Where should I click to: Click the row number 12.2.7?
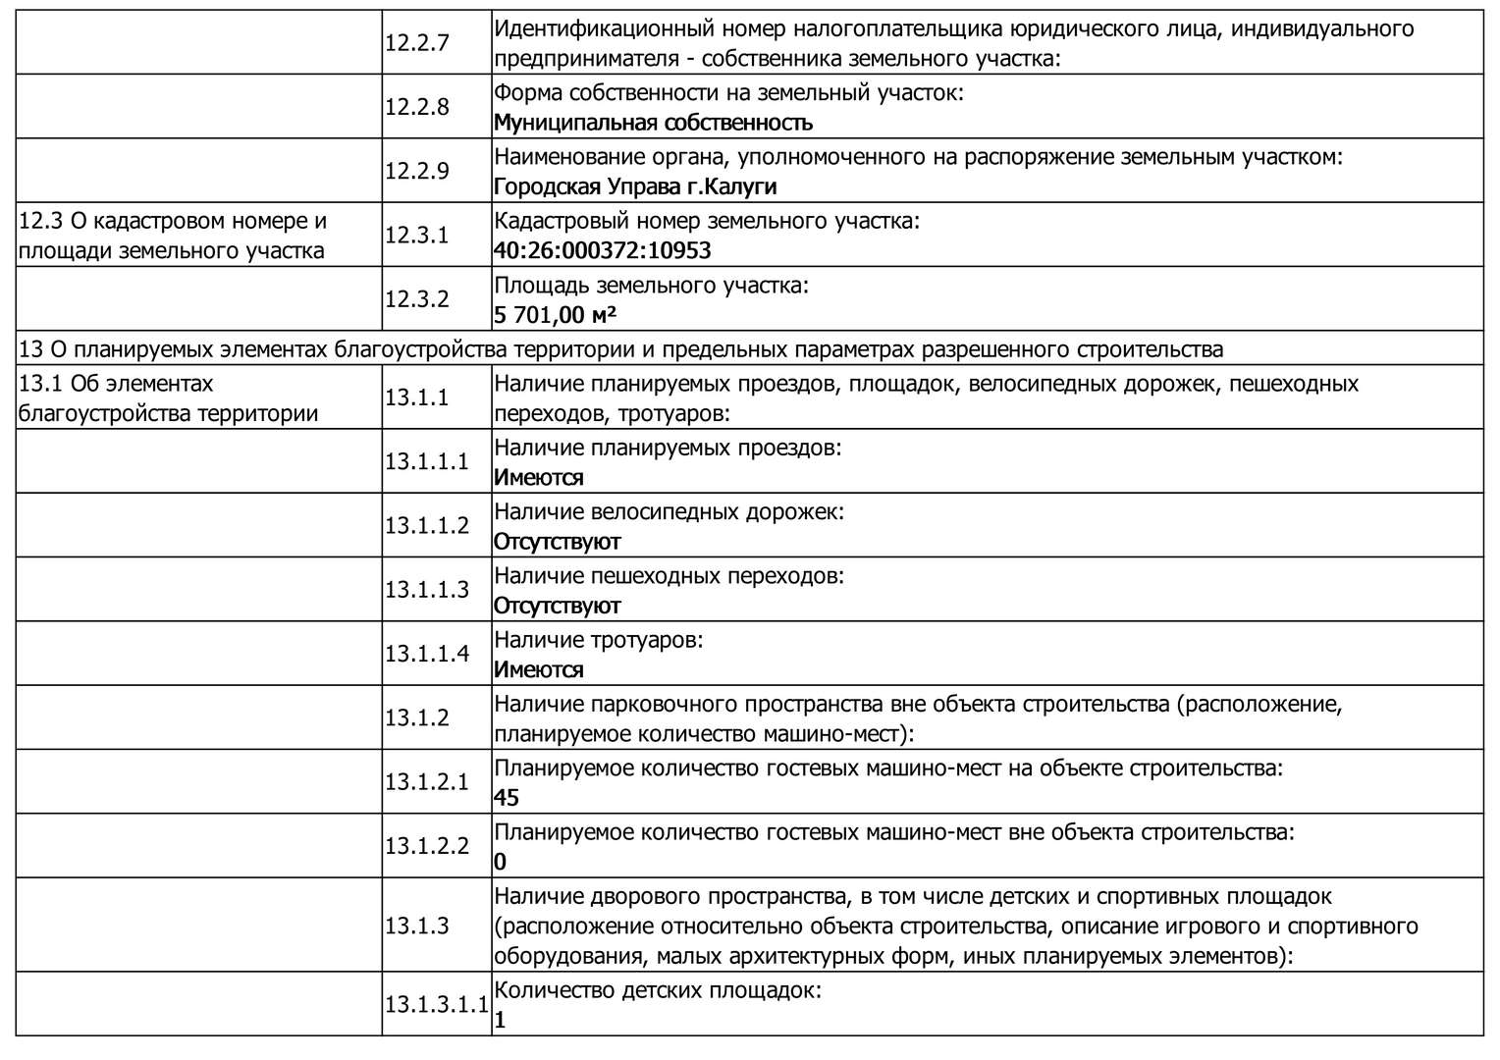416,43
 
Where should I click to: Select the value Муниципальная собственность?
653,123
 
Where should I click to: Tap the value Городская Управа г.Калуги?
635,186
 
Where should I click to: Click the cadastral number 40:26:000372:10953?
602,250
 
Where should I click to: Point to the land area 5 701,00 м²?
555,315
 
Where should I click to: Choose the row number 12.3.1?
416,236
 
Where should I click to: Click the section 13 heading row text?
620,349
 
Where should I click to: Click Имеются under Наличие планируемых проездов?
538,478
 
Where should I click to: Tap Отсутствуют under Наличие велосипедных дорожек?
557,542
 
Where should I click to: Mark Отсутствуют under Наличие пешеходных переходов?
557,606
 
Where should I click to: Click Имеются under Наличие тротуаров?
538,670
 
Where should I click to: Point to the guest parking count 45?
507,798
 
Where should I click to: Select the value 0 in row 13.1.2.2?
501,863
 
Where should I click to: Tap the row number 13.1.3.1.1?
436,1005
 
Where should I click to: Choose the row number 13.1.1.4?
427,653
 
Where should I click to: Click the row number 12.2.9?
416,171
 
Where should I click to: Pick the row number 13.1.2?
416,717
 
